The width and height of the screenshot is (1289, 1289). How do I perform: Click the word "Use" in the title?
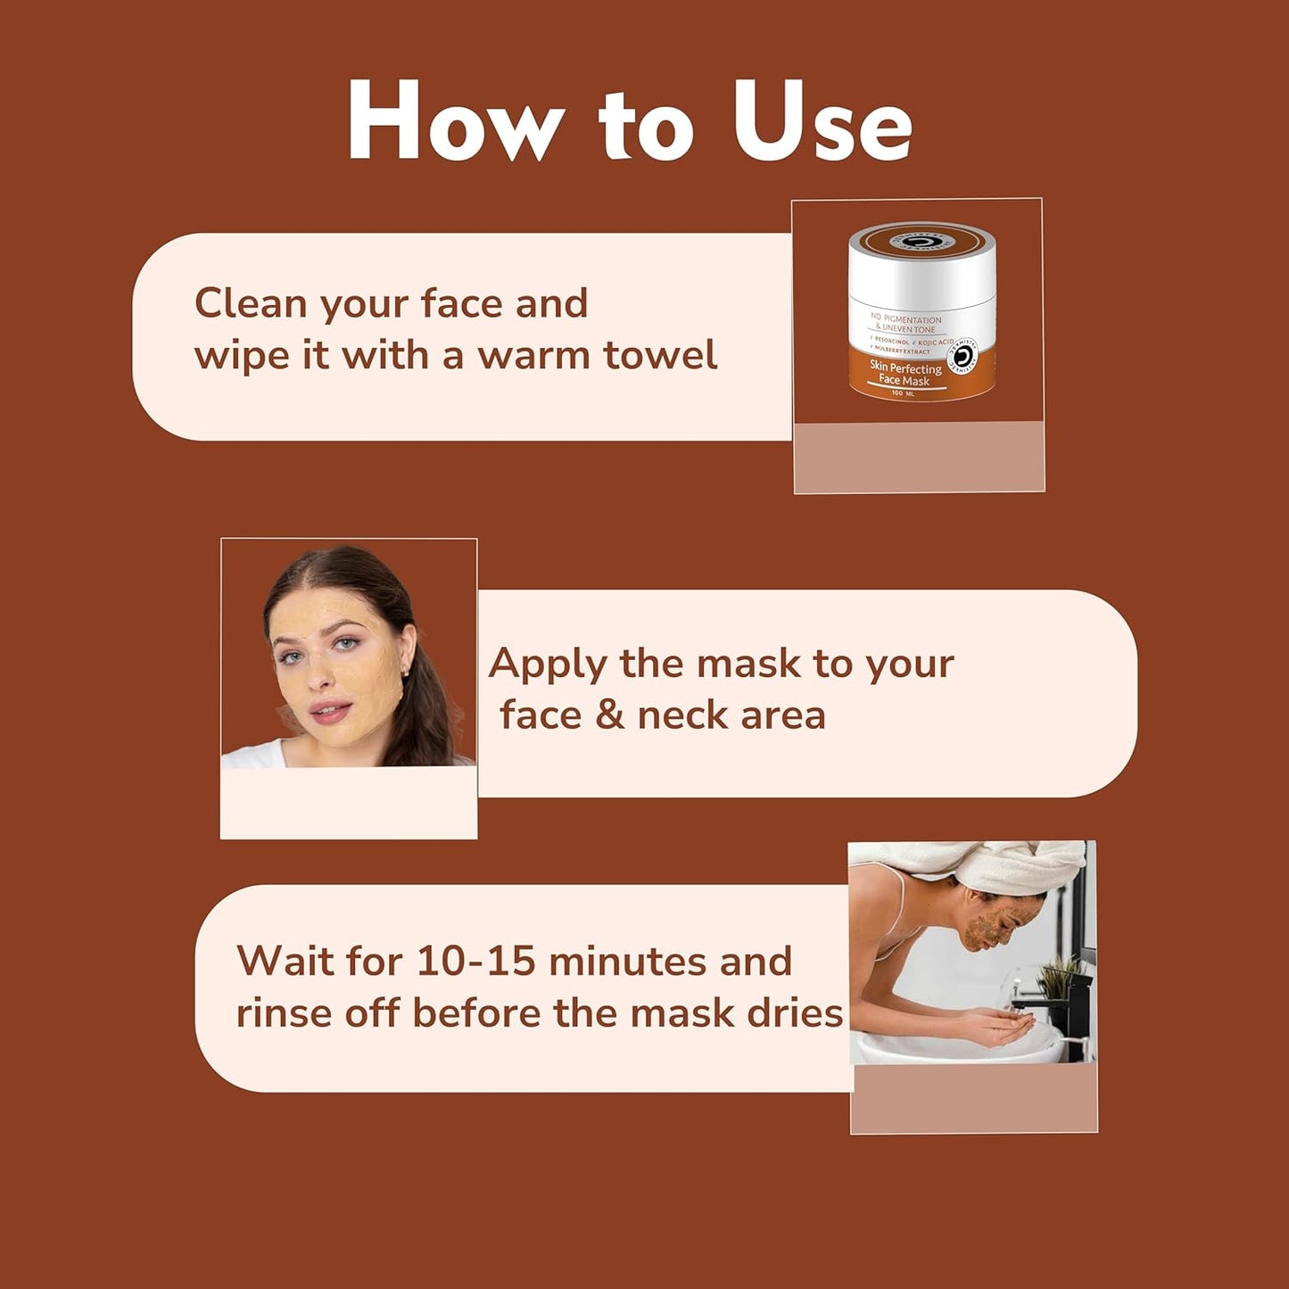822,122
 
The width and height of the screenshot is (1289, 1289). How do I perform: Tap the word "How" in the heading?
455,122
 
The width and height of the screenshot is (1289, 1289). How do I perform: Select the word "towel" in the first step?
660,355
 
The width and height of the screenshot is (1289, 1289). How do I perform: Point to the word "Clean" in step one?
252,303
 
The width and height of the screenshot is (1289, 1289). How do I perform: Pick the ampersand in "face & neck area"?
610,715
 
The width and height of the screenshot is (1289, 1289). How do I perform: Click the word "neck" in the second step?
688,715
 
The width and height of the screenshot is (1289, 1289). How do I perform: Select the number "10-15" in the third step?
475,962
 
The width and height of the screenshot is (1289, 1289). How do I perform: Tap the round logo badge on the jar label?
963,357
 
